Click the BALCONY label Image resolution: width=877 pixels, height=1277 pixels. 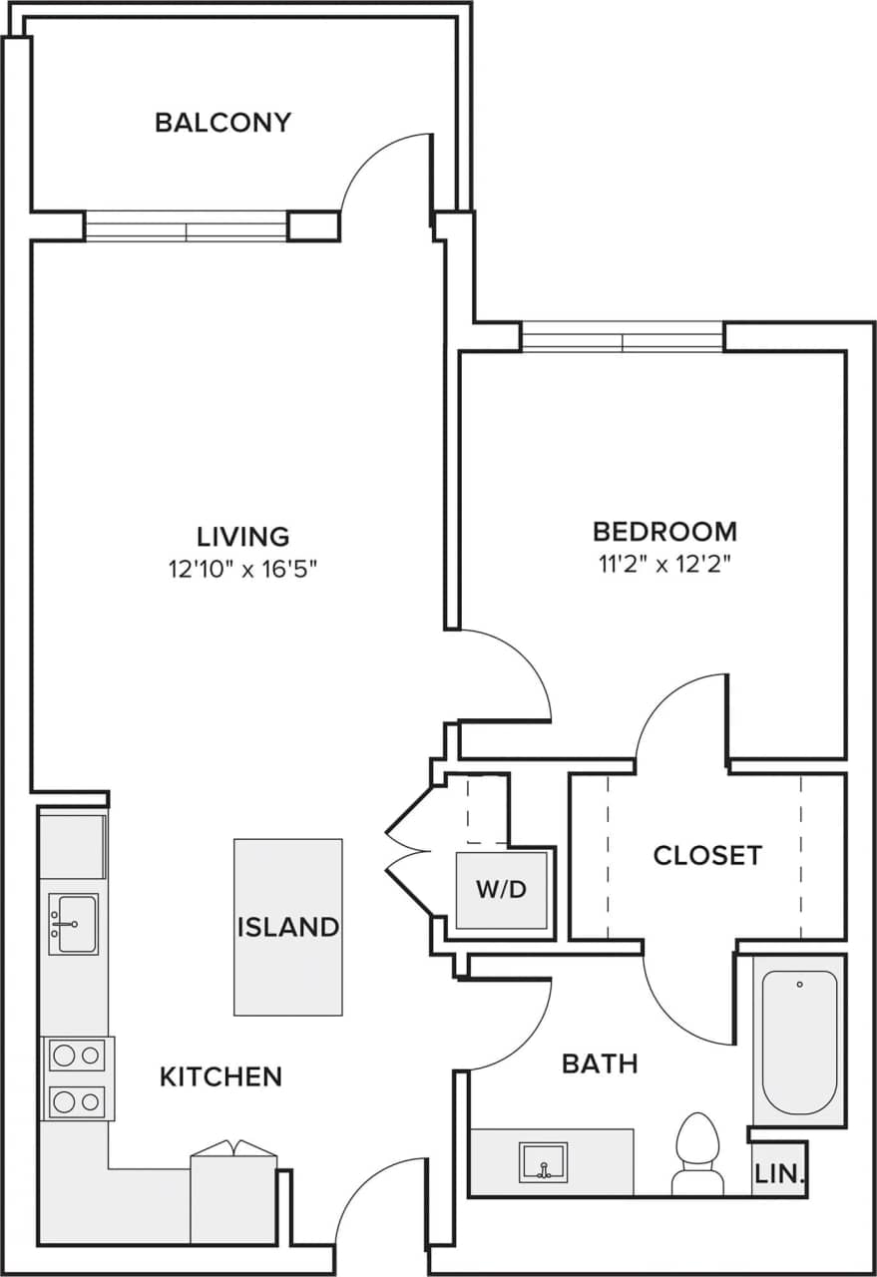(223, 123)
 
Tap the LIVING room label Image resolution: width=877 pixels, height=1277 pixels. (243, 537)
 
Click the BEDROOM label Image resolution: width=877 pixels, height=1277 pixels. (664, 531)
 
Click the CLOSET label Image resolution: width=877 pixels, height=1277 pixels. (707, 855)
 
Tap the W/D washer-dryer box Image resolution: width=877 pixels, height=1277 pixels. (502, 890)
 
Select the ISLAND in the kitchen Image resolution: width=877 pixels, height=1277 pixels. (287, 926)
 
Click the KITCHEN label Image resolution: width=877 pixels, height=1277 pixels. (221, 1076)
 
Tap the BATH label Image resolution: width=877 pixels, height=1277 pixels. (600, 1064)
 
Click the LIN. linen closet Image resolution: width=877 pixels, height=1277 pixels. (779, 1174)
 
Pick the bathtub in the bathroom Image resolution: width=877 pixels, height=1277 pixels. (799, 1041)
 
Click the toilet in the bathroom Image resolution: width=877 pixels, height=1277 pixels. (697, 1153)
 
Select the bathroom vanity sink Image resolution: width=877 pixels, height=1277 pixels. (543, 1162)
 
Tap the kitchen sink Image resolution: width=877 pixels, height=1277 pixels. (74, 924)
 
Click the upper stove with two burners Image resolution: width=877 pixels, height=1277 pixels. (78, 1055)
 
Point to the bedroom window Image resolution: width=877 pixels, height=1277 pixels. (623, 337)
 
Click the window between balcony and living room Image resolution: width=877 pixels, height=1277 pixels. (187, 226)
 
